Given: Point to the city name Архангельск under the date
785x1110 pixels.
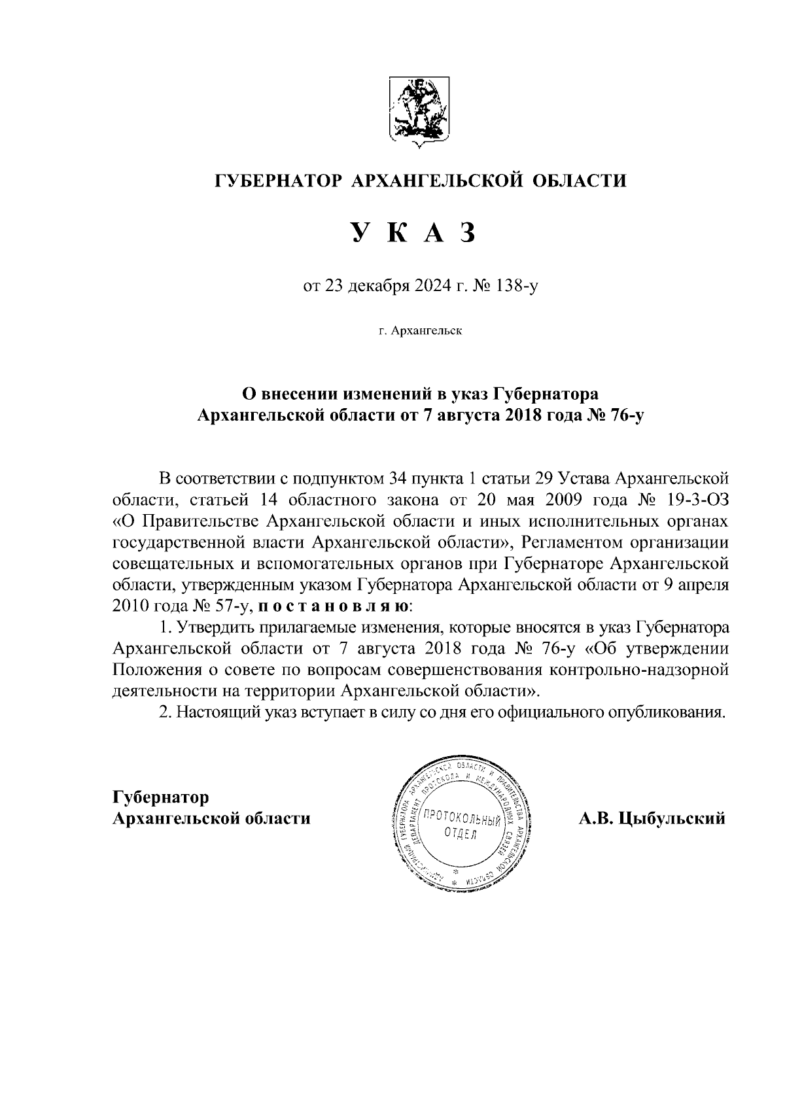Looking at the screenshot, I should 427,331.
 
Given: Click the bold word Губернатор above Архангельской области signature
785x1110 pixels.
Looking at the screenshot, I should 161,797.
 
